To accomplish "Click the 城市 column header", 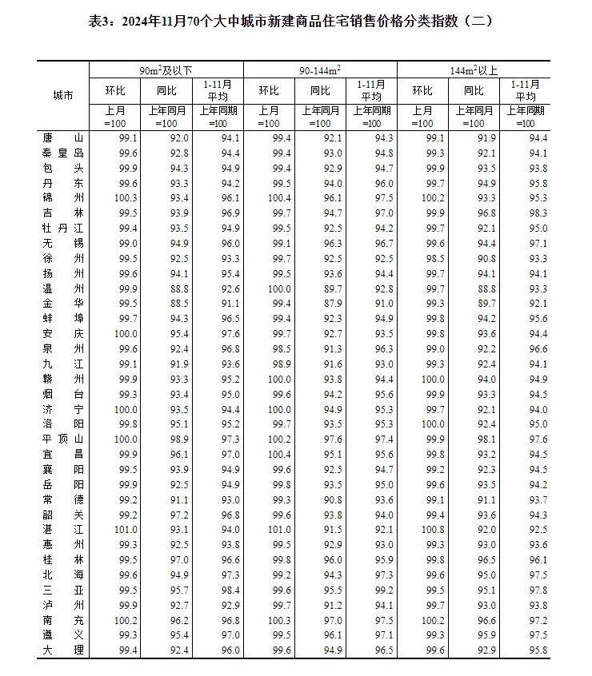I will click(62, 95).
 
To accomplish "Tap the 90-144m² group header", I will click(319, 70).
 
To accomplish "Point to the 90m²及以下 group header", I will click(166, 70).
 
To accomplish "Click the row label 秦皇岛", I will click(62, 153).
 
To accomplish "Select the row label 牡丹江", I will click(62, 228).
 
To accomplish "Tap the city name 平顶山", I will click(62, 439).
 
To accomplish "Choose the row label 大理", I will click(62, 650).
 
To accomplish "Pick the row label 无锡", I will click(62, 243).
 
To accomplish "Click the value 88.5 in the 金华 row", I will click(166, 304).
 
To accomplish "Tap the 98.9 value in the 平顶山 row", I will click(166, 439).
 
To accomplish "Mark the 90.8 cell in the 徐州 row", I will click(474, 258).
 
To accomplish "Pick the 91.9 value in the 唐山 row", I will click(474, 137).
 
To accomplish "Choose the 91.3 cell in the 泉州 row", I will click(320, 348).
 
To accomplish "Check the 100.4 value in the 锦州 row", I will click(268, 197).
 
